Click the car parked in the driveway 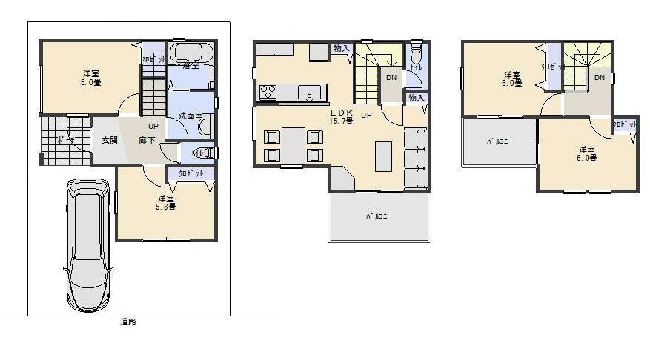[88, 244]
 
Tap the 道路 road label [127, 322]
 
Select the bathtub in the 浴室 [191, 53]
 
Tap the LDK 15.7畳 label [340, 118]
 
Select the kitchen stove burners [267, 92]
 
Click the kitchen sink [310, 92]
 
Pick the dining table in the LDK [294, 145]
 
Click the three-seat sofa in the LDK [415, 158]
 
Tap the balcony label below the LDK [378, 217]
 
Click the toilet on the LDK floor [416, 58]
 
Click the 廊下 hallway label [147, 140]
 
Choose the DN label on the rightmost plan [599, 77]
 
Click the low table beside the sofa [383, 156]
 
